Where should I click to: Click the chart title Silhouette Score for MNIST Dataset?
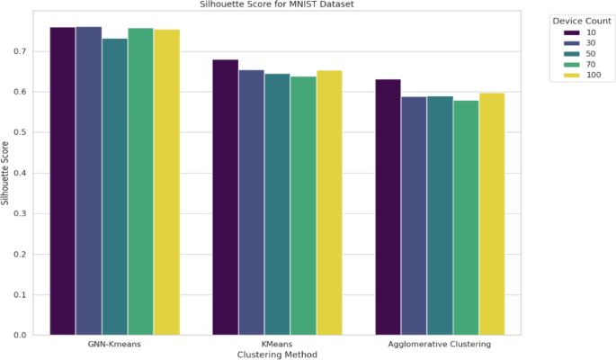pyautogui.click(x=277, y=4)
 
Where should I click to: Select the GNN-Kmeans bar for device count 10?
pyautogui.click(x=62, y=181)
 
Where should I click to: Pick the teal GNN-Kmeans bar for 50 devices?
pyautogui.click(x=115, y=186)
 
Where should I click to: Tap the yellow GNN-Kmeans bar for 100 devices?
pyautogui.click(x=166, y=183)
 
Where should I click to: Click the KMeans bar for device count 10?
pyautogui.click(x=226, y=197)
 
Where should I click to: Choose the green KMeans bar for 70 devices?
pyautogui.click(x=303, y=206)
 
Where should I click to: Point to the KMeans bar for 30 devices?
pyautogui.click(x=252, y=202)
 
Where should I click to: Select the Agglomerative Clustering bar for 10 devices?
pyautogui.click(x=388, y=208)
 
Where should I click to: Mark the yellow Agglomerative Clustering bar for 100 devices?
pyautogui.click(x=492, y=214)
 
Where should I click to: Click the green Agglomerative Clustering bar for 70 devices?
pyautogui.click(x=466, y=218)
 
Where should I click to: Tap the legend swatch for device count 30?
pyautogui.click(x=572, y=43)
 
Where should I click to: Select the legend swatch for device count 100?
pyautogui.click(x=572, y=75)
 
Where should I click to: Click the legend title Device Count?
pyautogui.click(x=582, y=21)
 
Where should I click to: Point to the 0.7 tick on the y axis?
pyautogui.click(x=20, y=51)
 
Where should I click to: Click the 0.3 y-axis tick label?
pyautogui.click(x=20, y=214)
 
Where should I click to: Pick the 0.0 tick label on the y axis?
pyautogui.click(x=20, y=335)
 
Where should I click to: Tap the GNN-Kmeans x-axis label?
pyautogui.click(x=114, y=345)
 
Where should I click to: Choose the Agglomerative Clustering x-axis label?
pyautogui.click(x=440, y=345)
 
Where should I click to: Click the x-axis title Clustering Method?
pyautogui.click(x=277, y=355)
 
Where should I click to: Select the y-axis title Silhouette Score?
pyautogui.click(x=4, y=174)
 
